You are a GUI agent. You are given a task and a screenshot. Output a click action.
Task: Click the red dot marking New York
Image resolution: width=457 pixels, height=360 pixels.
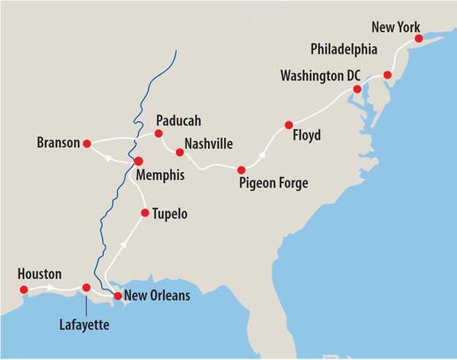(x=418, y=38)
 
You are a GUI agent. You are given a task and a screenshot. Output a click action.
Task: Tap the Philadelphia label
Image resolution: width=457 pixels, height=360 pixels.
(x=343, y=50)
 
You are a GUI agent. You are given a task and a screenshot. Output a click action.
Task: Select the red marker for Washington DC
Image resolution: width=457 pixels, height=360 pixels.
(x=357, y=89)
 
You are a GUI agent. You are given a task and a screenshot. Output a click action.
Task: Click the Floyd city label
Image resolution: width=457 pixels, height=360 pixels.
(x=306, y=136)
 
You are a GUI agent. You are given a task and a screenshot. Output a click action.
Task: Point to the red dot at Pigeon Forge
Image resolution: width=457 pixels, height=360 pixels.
(x=241, y=170)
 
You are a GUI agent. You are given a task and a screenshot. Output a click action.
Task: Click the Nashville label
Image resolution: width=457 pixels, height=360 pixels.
(x=209, y=143)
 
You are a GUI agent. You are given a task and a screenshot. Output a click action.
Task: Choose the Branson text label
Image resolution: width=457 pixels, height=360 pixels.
(x=58, y=143)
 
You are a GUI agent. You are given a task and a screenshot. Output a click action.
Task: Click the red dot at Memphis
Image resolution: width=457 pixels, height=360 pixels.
(x=138, y=161)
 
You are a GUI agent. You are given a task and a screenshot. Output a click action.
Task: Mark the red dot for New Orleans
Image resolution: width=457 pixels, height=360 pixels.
(x=117, y=296)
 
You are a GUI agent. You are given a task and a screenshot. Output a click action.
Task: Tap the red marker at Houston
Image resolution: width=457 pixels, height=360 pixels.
(x=23, y=290)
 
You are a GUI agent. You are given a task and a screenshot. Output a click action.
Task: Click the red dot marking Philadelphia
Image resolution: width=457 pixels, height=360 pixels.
(x=387, y=75)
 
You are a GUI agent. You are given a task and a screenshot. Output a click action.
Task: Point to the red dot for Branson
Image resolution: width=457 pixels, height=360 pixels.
(x=86, y=143)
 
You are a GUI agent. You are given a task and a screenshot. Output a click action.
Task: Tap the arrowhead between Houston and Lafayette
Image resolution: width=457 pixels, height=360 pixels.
(x=52, y=288)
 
